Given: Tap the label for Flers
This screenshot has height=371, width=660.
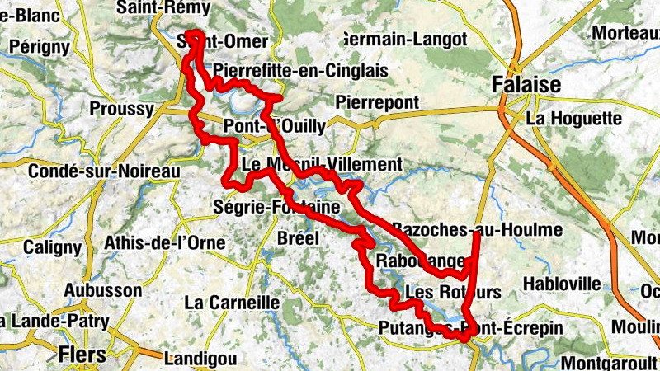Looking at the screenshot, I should [82, 355].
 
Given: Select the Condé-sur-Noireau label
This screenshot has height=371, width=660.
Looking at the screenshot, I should [103, 171].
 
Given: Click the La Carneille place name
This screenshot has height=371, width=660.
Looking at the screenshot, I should [232, 303].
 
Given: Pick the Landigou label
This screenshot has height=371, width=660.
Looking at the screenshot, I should [200, 359].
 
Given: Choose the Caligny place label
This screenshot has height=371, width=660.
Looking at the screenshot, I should [53, 247].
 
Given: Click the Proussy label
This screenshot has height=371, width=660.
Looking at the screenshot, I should [121, 109].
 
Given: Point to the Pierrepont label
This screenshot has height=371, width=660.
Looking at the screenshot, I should [378, 102].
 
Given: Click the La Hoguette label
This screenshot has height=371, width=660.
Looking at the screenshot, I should [573, 119].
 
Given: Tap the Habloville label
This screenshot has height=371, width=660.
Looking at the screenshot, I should [562, 284].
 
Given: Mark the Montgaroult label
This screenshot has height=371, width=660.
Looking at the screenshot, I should [610, 362].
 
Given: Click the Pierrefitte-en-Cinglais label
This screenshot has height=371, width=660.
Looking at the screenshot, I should [300, 71].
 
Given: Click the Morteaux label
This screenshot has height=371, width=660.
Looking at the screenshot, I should [622, 33].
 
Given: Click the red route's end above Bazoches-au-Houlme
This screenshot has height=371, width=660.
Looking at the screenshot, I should [478, 236].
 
